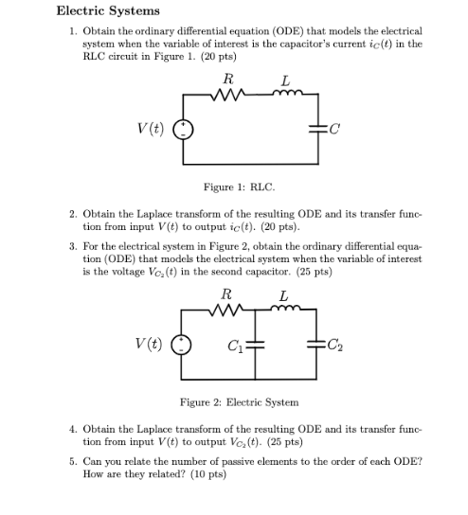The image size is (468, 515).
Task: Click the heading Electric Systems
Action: pos(108,11)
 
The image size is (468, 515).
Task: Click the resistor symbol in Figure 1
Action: pos(226,93)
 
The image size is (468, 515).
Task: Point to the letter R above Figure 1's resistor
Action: pos(226,78)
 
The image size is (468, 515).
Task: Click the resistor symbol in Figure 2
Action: pos(226,311)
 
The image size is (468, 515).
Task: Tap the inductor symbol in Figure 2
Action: pos(282,311)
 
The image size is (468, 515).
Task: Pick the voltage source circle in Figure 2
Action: pos(186,346)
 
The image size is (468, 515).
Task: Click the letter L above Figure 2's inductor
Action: pos(282,296)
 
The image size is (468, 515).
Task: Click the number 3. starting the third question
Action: pos(73,245)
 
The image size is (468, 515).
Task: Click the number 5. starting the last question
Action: pos(73,461)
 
